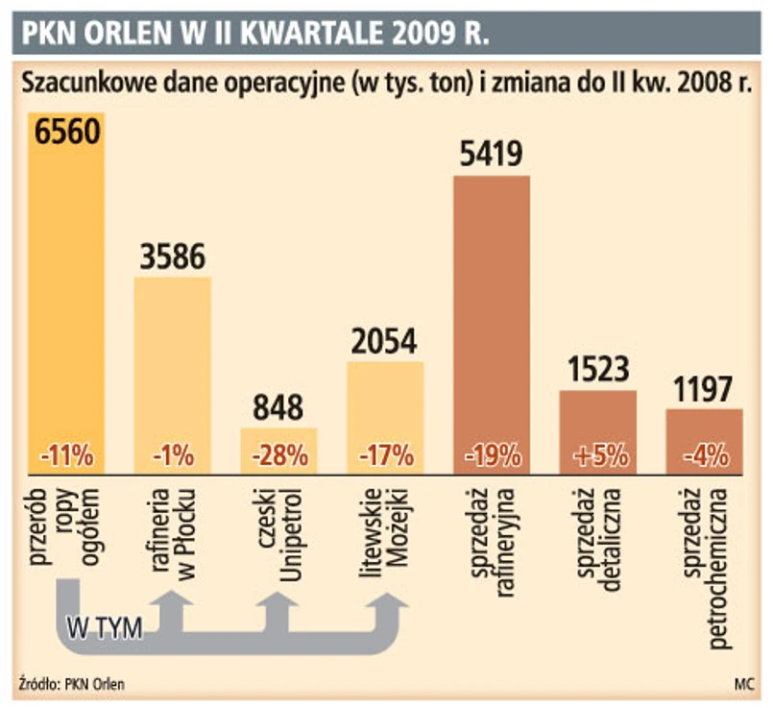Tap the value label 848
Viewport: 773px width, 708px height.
point(278,406)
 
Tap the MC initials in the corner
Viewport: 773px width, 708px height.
point(743,684)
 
